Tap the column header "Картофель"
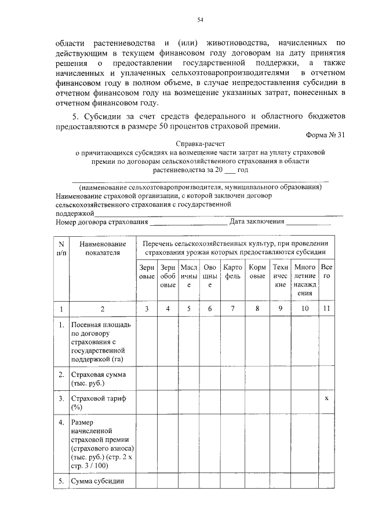pyautogui.click(x=232, y=272)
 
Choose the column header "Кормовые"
pyautogui.click(x=257, y=272)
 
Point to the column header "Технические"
pyautogui.click(x=280, y=276)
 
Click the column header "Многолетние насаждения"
pyautogui.click(x=304, y=280)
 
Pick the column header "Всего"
pyautogui.click(x=327, y=272)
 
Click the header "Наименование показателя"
pyautogui.click(x=102, y=248)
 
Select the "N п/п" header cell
pyautogui.click(x=61, y=248)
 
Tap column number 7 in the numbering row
pyautogui.click(x=232, y=309)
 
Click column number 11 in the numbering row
pyautogui.click(x=327, y=309)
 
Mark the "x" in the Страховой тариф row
pyautogui.click(x=327, y=399)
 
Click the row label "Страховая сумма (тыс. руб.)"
pyautogui.click(x=95, y=379)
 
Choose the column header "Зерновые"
pyautogui.click(x=147, y=272)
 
